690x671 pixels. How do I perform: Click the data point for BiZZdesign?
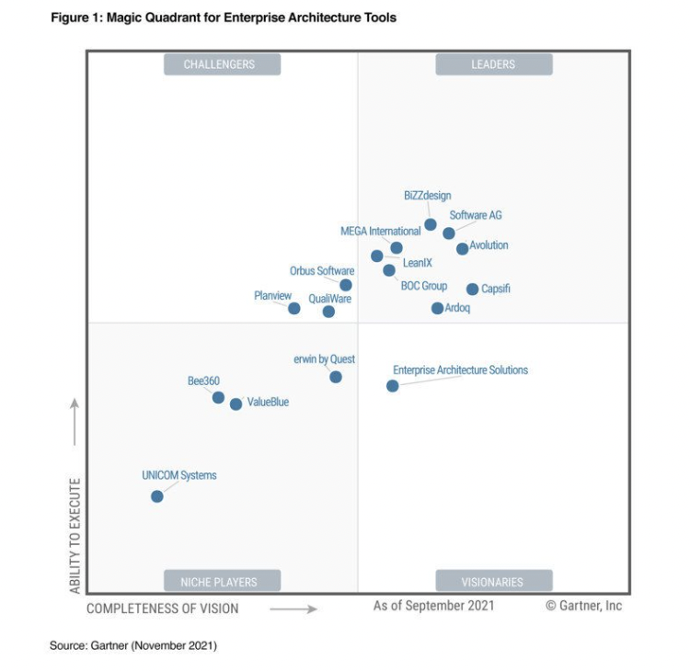431,224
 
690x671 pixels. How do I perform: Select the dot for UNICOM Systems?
157,496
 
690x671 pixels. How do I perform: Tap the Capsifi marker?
473,289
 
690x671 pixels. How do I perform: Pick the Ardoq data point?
438,308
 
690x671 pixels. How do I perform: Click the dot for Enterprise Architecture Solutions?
393,386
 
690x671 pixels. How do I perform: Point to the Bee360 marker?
218,398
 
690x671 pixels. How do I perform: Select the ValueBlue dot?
236,404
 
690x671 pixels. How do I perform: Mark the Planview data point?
294,308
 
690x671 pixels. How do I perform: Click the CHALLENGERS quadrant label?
222,64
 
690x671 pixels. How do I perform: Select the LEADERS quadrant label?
494,64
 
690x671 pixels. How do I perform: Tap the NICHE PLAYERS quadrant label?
222,581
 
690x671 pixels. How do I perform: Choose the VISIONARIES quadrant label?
494,581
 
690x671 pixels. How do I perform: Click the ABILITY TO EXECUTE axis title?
75,535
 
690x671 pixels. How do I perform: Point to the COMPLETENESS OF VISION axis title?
163,608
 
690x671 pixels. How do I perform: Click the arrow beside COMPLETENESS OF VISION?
293,608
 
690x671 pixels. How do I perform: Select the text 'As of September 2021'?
433,605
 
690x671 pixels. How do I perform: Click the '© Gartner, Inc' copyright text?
584,606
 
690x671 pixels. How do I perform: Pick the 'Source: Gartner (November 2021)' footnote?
133,646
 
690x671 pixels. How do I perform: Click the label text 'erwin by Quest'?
324,359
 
